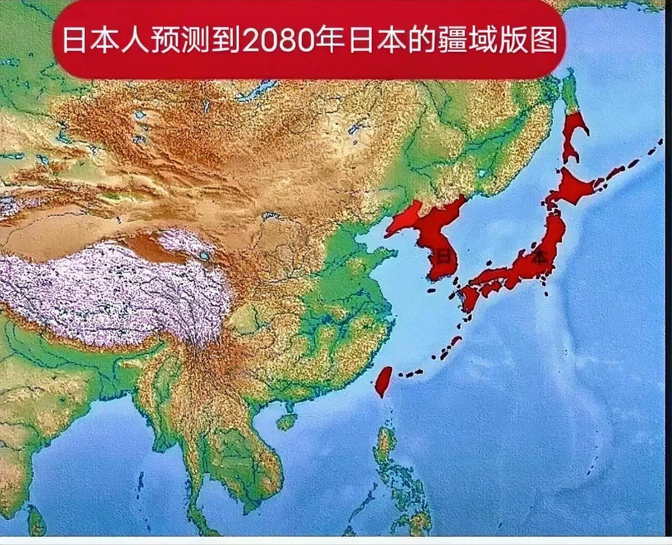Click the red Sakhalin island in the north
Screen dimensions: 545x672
(x=573, y=132)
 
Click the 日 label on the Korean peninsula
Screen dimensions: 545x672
(x=444, y=257)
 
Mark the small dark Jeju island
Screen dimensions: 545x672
(x=432, y=290)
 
